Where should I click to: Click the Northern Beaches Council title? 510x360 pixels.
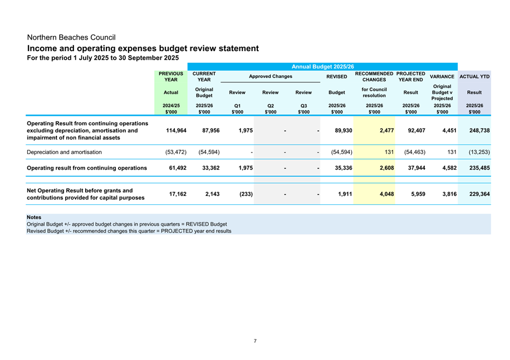pyautogui.click(x=71, y=37)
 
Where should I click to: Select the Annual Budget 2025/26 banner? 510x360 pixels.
pyautogui.click(x=322, y=67)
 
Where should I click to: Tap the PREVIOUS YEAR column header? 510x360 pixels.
pyautogui.click(x=171, y=76)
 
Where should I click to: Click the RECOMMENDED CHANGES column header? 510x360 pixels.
pyautogui.click(x=374, y=76)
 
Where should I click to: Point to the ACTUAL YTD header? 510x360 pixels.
pyautogui.click(x=474, y=76)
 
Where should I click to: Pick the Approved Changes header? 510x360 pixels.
pyautogui.click(x=270, y=76)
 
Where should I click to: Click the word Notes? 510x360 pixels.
pyautogui.click(x=34, y=217)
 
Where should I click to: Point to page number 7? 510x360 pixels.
pyautogui.click(x=255, y=341)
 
